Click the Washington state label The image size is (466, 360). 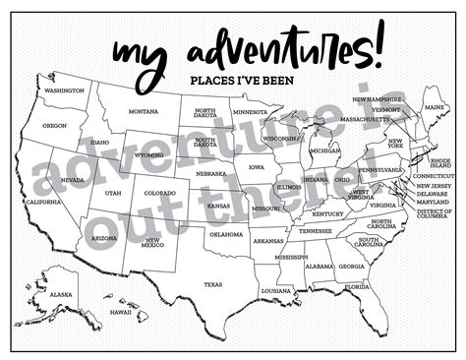(64, 90)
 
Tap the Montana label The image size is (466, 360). (144, 111)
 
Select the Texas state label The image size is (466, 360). (212, 284)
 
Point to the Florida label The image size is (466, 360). (358, 286)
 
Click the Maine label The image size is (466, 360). (433, 105)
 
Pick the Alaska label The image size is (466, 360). (61, 295)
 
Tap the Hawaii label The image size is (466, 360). (120, 312)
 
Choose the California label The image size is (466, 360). (43, 202)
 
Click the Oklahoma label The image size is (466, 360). (227, 234)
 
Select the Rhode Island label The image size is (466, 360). (440, 162)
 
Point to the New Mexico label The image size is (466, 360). (152, 242)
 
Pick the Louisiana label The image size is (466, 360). (276, 291)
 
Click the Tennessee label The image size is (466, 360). (316, 231)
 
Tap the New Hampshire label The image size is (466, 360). (377, 99)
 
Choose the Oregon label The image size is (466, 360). (55, 126)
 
